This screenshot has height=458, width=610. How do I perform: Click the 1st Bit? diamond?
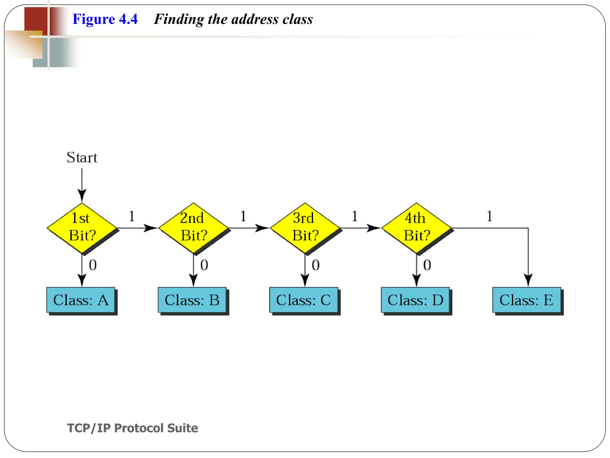coord(82,228)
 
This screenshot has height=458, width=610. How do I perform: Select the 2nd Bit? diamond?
coord(193,228)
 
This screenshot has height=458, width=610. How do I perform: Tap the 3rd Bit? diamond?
coord(305,228)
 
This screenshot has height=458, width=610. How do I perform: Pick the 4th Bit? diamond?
coord(416,228)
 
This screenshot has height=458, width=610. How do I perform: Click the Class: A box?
coord(81,300)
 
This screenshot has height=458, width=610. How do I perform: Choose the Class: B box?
coord(192,300)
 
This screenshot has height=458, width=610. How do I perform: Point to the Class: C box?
coord(304,300)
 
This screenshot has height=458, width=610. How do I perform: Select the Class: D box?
coord(415,300)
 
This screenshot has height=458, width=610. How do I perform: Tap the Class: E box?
coord(527,300)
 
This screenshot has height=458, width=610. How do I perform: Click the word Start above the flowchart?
coord(82,157)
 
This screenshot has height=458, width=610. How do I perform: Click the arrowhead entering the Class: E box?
coord(528,281)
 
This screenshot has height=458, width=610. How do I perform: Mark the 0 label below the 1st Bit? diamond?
coord(93,265)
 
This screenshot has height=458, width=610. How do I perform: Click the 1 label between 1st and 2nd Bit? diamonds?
coord(132,216)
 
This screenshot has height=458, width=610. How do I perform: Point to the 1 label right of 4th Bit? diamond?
coord(489,216)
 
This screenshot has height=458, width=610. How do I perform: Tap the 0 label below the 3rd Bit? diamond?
coord(315,265)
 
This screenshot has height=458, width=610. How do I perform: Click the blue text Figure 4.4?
coord(105,19)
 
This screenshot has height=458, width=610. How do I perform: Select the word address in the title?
coord(255,19)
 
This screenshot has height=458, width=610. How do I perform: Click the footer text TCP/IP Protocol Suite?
coord(133,428)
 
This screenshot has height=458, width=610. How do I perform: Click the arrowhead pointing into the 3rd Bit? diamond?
coord(263,228)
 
